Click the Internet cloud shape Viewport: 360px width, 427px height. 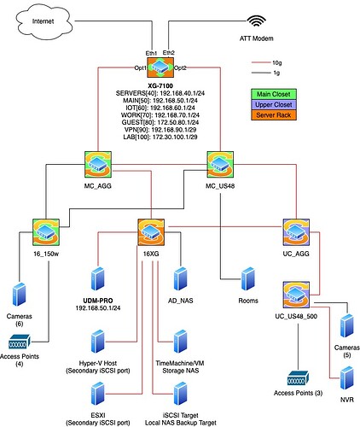(x=44, y=21)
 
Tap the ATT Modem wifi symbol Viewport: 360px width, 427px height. (x=256, y=20)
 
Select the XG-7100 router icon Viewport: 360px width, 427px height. (x=160, y=67)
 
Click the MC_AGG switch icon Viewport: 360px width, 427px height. (x=98, y=165)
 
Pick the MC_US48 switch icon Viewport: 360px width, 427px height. (x=220, y=165)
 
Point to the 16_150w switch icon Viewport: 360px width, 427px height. (x=46, y=232)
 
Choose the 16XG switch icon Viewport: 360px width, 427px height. (x=151, y=232)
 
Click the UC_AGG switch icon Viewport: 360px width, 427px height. (x=296, y=232)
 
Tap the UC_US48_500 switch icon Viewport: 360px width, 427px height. (x=296, y=295)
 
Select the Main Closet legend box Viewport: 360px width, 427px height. (x=274, y=94)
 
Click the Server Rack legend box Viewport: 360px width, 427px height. (x=274, y=115)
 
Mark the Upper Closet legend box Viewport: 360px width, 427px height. (x=274, y=104)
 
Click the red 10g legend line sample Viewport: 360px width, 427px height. (x=261, y=62)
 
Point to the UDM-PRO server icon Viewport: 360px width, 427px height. (x=98, y=278)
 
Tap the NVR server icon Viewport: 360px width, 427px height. (x=347, y=378)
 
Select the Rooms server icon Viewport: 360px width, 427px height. (x=248, y=278)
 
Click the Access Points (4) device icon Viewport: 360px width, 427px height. (x=20, y=342)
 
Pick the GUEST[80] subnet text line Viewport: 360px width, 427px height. (x=160, y=122)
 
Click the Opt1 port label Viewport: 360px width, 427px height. (x=141, y=67)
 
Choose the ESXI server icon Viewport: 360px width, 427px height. (x=98, y=394)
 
